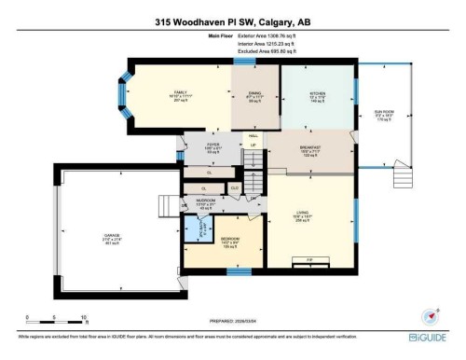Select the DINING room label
(254, 93)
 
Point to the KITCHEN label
(317, 94)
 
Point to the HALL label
(252, 134)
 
